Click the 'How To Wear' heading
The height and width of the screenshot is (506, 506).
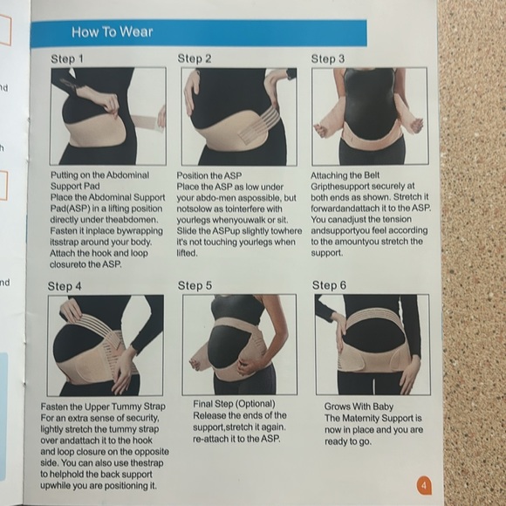tap(112, 32)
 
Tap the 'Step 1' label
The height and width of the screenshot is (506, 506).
tap(68, 58)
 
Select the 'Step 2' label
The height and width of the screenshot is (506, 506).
tap(195, 58)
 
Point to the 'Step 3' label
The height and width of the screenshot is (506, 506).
tap(328, 58)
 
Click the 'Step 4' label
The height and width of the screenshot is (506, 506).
tap(65, 285)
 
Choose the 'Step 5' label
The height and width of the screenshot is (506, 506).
tap(195, 285)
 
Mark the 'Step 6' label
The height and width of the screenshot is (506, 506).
tap(330, 285)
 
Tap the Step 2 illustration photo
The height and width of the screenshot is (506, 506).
tap(237, 116)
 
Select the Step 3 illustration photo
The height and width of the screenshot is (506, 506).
tap(369, 116)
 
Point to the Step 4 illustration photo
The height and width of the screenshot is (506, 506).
tap(104, 345)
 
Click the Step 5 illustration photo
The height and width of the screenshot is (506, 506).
tap(238, 345)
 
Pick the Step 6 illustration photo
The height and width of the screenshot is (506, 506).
tap(372, 345)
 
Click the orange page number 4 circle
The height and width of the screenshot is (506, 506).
tap(424, 486)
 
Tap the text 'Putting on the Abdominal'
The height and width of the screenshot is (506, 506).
tap(99, 175)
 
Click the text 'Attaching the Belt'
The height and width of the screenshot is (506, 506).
tap(349, 175)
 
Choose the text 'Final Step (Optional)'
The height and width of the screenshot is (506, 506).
tap(234, 405)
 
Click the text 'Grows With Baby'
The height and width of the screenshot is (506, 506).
tap(359, 407)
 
